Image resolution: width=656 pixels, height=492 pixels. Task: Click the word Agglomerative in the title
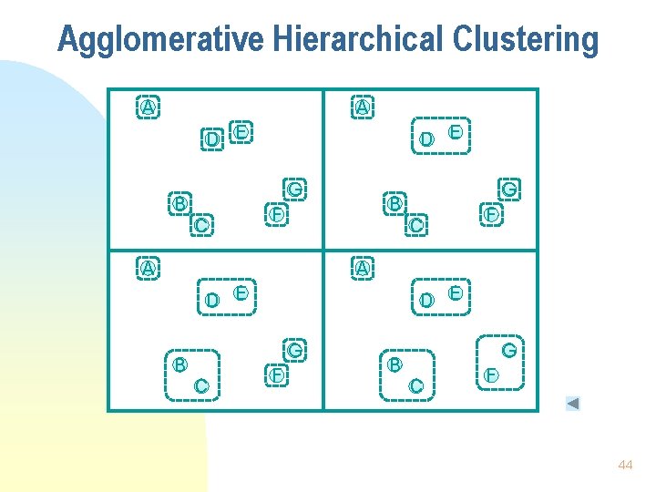[159, 40]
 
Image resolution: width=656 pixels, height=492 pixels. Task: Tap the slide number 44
[625, 465]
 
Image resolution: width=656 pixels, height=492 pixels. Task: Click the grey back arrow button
[572, 404]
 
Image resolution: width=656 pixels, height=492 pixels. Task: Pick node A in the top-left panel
[147, 107]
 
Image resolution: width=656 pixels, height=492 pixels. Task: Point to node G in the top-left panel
[295, 189]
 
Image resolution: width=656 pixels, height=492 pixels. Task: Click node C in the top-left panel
[202, 224]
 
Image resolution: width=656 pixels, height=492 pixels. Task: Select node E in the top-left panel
[241, 132]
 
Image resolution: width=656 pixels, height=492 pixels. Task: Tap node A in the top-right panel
[363, 107]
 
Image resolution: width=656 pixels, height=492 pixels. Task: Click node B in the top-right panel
[395, 203]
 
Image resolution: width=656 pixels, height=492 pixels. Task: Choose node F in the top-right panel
[491, 215]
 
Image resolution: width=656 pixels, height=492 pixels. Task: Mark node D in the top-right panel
[426, 139]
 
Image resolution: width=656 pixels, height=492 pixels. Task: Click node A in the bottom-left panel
[147, 268]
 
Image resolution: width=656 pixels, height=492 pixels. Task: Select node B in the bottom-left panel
[180, 364]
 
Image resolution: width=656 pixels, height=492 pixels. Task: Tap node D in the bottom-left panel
[211, 300]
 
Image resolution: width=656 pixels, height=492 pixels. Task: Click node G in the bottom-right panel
[509, 349]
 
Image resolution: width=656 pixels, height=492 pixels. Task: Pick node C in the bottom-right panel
[416, 386]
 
